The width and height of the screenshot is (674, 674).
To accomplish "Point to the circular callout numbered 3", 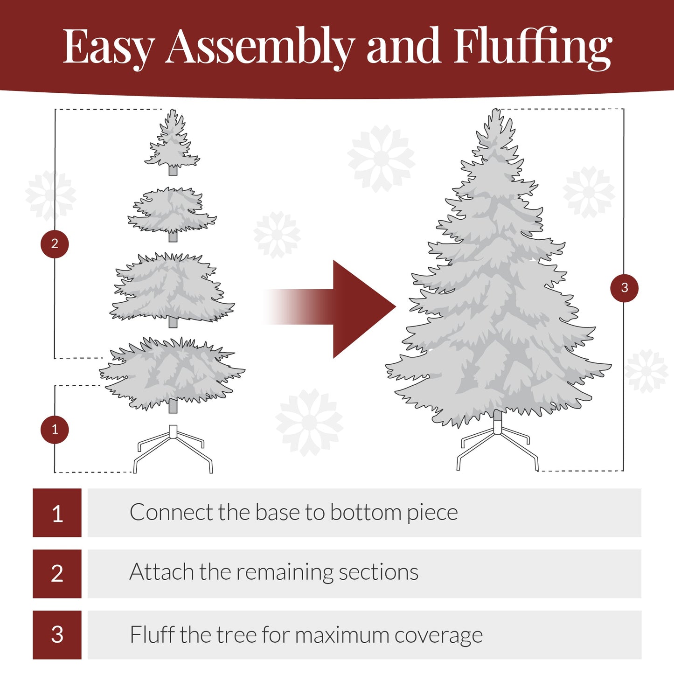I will point(624,288).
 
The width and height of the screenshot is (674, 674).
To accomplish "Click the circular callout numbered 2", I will point(55,244).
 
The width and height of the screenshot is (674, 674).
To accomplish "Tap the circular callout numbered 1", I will point(55,430).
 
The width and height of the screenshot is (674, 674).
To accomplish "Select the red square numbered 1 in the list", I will point(57,513).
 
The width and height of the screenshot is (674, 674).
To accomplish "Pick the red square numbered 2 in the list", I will point(57,574).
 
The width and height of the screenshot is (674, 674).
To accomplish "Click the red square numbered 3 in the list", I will point(57,635).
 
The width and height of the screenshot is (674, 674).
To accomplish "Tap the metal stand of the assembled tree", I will point(498,443).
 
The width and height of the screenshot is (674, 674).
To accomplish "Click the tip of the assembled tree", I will point(495,114).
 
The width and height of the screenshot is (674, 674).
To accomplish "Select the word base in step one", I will point(278,513).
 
